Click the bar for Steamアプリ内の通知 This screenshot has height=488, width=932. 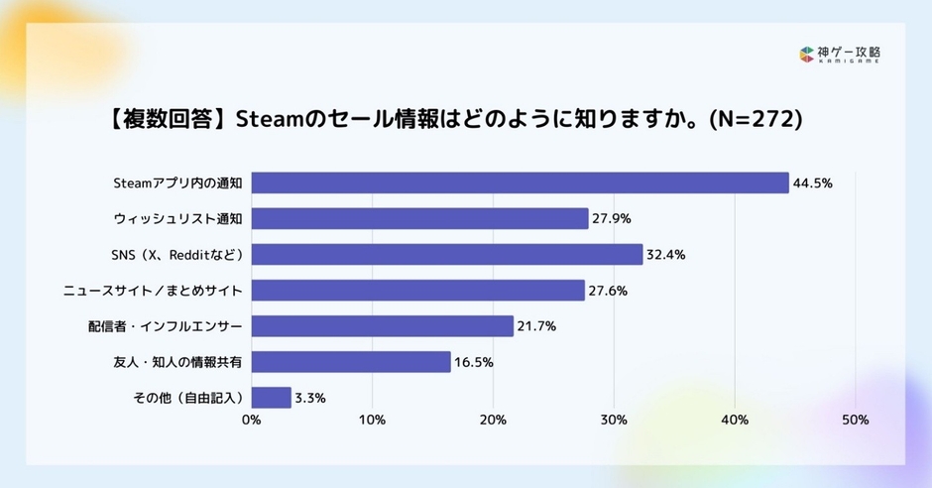(x=520, y=183)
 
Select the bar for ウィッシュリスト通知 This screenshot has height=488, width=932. (x=419, y=218)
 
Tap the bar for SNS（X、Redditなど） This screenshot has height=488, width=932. (x=447, y=254)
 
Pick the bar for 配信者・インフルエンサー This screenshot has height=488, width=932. (x=382, y=325)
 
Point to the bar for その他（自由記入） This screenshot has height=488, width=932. (x=271, y=398)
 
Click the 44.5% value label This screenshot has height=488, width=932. (x=812, y=183)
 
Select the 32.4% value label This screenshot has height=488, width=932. (x=665, y=255)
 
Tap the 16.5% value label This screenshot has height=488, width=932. (x=474, y=362)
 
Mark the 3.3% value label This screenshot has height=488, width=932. (x=310, y=398)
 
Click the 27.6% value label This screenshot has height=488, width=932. (x=608, y=291)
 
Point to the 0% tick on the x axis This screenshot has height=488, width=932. (x=251, y=421)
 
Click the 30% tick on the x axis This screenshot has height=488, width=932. (x=614, y=421)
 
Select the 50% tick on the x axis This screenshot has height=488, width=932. (x=855, y=421)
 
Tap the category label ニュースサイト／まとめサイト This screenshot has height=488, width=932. (x=154, y=291)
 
